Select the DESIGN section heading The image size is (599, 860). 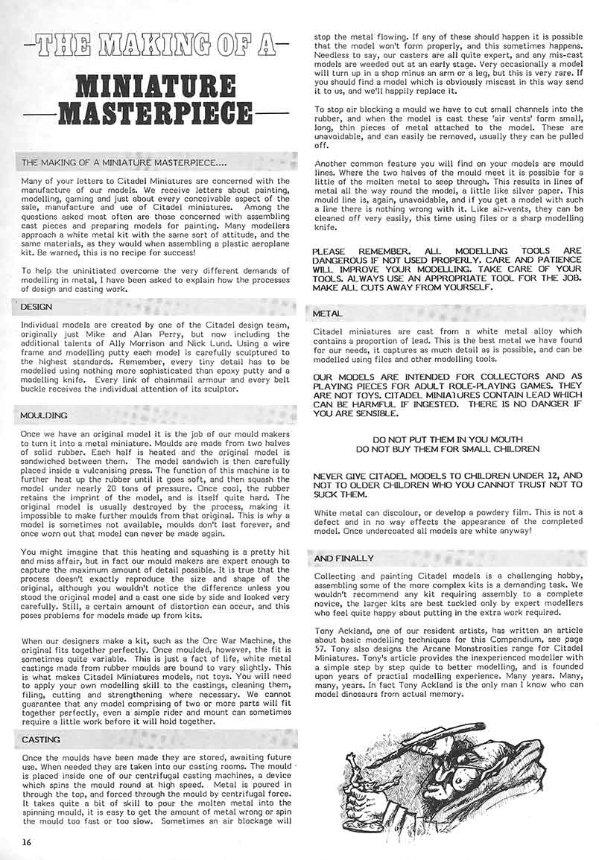36,306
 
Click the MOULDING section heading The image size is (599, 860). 43,415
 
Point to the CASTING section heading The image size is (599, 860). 40,739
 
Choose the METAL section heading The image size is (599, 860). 329,314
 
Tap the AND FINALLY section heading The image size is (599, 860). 344,558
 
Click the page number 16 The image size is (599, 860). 27,841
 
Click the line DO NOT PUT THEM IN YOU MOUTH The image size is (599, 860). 447,439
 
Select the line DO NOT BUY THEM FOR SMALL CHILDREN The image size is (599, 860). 447,449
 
